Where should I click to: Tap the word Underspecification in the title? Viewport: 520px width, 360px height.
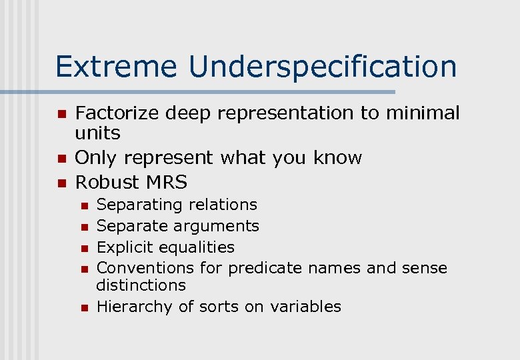(323, 67)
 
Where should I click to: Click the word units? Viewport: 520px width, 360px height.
(98, 133)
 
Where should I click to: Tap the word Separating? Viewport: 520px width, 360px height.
(139, 205)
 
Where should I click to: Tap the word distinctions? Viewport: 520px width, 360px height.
(141, 285)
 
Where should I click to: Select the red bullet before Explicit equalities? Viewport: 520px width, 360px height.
(84, 248)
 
